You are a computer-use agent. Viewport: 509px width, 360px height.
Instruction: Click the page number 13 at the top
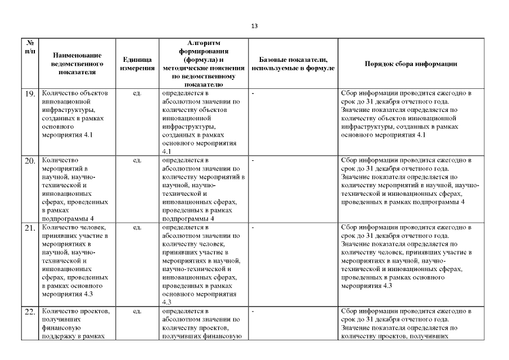coord(254,26)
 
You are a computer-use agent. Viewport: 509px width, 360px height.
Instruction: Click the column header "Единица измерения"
coord(137,64)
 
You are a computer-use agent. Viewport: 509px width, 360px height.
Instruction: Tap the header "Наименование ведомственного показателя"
coord(77,64)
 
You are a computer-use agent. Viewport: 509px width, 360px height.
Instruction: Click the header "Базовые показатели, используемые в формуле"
coord(293,64)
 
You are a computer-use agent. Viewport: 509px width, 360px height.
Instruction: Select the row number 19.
coord(30,94)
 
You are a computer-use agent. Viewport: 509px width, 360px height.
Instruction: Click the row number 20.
coord(30,161)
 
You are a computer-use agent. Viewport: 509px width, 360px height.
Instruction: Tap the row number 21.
coord(30,229)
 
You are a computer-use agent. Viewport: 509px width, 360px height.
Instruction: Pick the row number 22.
coord(30,313)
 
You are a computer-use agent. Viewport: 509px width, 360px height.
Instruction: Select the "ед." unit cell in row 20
coord(137,160)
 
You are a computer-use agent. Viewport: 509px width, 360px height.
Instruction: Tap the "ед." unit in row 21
coord(137,228)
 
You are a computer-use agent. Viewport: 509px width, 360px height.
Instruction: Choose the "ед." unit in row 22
coord(137,311)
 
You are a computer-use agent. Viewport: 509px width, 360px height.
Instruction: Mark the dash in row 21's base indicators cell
coord(254,228)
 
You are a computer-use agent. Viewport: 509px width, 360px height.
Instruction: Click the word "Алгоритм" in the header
coord(204,43)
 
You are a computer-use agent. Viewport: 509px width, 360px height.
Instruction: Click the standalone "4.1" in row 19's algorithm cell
coord(166,151)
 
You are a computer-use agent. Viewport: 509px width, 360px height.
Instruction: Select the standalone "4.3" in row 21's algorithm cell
coord(166,302)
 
